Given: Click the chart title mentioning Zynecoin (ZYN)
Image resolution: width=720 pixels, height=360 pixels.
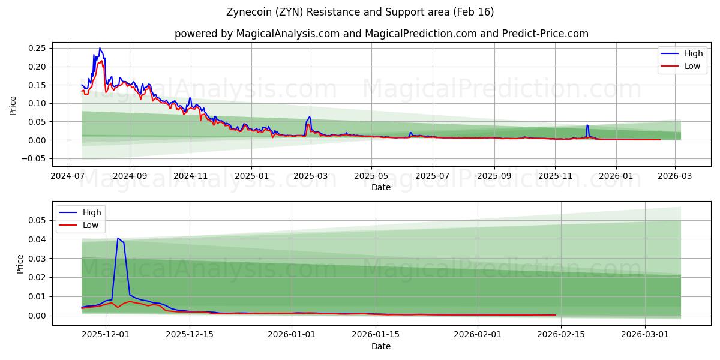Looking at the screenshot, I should (360, 12).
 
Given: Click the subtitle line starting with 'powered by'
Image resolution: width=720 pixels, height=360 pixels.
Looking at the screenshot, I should (381, 34).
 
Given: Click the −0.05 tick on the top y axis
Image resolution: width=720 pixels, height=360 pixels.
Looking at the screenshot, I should (37, 158).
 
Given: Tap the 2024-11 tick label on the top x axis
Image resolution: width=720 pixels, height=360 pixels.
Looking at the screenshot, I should (190, 176).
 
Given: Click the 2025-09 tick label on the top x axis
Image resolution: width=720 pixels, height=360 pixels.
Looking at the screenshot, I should (494, 176).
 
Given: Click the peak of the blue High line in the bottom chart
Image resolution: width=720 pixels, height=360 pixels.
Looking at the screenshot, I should (118, 238).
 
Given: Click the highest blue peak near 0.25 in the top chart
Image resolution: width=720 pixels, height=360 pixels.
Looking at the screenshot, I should (100, 48).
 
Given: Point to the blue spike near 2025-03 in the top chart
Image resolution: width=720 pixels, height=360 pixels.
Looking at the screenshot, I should (310, 117).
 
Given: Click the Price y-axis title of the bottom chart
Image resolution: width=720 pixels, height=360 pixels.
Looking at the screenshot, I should (20, 264).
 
